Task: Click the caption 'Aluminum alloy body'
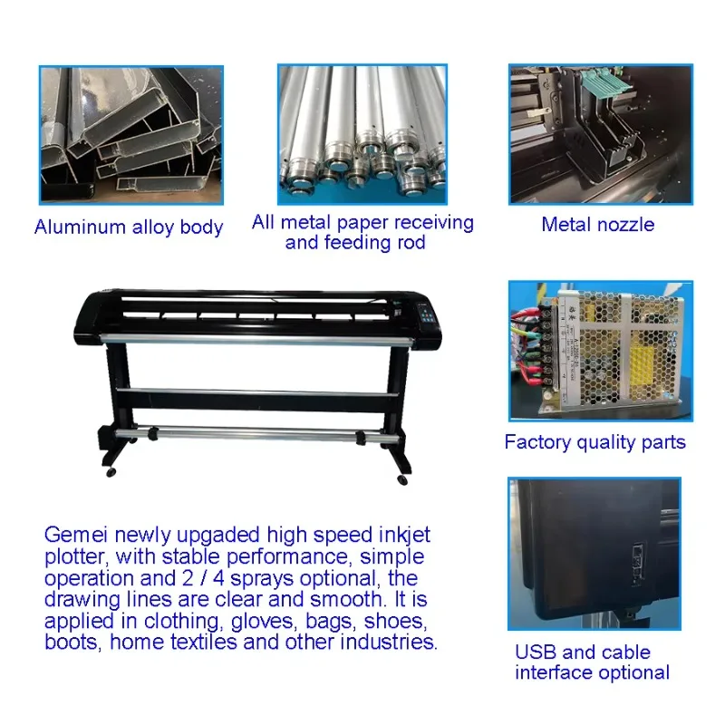pyautogui.click(x=129, y=227)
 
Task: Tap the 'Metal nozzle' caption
pyautogui.click(x=598, y=225)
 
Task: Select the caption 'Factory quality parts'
pyautogui.click(x=594, y=442)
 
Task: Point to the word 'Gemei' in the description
pyautogui.click(x=76, y=535)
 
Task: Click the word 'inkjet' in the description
pyautogui.click(x=404, y=536)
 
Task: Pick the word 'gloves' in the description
pyautogui.click(x=263, y=622)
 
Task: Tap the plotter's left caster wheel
pyautogui.click(x=111, y=472)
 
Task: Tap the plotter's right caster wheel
pyautogui.click(x=402, y=480)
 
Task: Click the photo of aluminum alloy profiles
pyautogui.click(x=131, y=135)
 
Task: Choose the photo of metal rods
pyautogui.click(x=362, y=134)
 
